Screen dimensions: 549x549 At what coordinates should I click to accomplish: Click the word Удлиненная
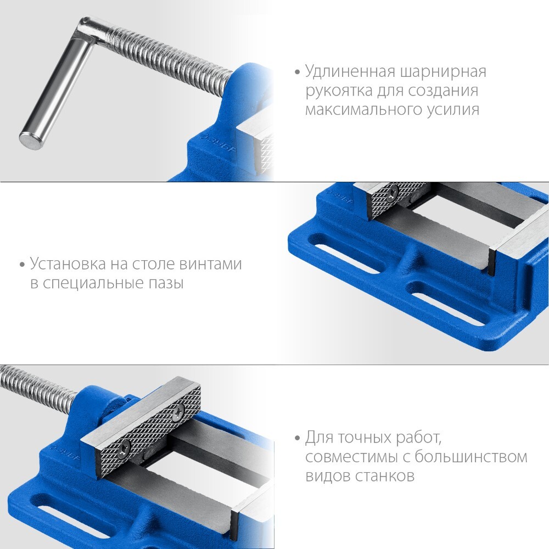click(x=350, y=71)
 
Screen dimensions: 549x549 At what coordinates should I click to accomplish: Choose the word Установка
click(x=68, y=264)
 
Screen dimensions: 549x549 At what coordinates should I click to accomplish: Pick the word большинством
click(x=471, y=457)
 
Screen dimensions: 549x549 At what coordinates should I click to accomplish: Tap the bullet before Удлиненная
click(x=298, y=72)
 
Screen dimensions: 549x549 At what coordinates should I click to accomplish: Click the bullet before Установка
click(x=23, y=265)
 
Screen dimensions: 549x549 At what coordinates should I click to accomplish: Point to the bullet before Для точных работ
click(x=298, y=438)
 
